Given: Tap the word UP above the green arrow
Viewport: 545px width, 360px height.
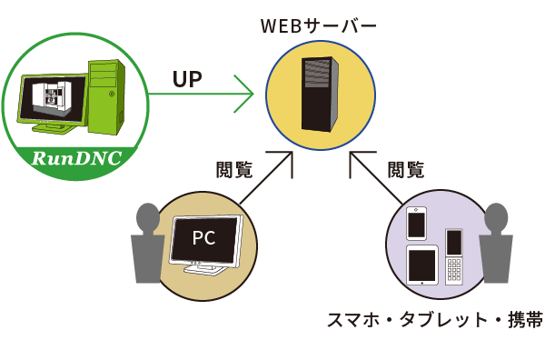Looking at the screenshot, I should pyautogui.click(x=187, y=79).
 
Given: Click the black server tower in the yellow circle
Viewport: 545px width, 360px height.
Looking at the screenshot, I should pyautogui.click(x=320, y=95).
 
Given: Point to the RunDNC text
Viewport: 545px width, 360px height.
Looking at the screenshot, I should pyautogui.click(x=76, y=160).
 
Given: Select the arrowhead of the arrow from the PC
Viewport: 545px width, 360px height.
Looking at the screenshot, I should pyautogui.click(x=283, y=161).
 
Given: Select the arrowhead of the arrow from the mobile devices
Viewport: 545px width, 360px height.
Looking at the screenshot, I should pyautogui.click(x=357, y=161).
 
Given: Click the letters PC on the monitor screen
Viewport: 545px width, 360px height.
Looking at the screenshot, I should pyautogui.click(x=204, y=239).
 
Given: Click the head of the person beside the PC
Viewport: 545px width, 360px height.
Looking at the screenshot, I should pyautogui.click(x=147, y=218).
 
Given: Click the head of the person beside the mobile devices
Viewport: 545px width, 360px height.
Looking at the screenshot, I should pyautogui.click(x=495, y=218).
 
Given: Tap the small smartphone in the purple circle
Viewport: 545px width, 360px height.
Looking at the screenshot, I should pyautogui.click(x=417, y=223).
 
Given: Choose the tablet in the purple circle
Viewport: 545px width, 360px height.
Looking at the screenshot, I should pyautogui.click(x=422, y=265).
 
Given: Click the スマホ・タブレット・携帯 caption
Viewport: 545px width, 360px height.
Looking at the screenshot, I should pyautogui.click(x=434, y=320).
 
